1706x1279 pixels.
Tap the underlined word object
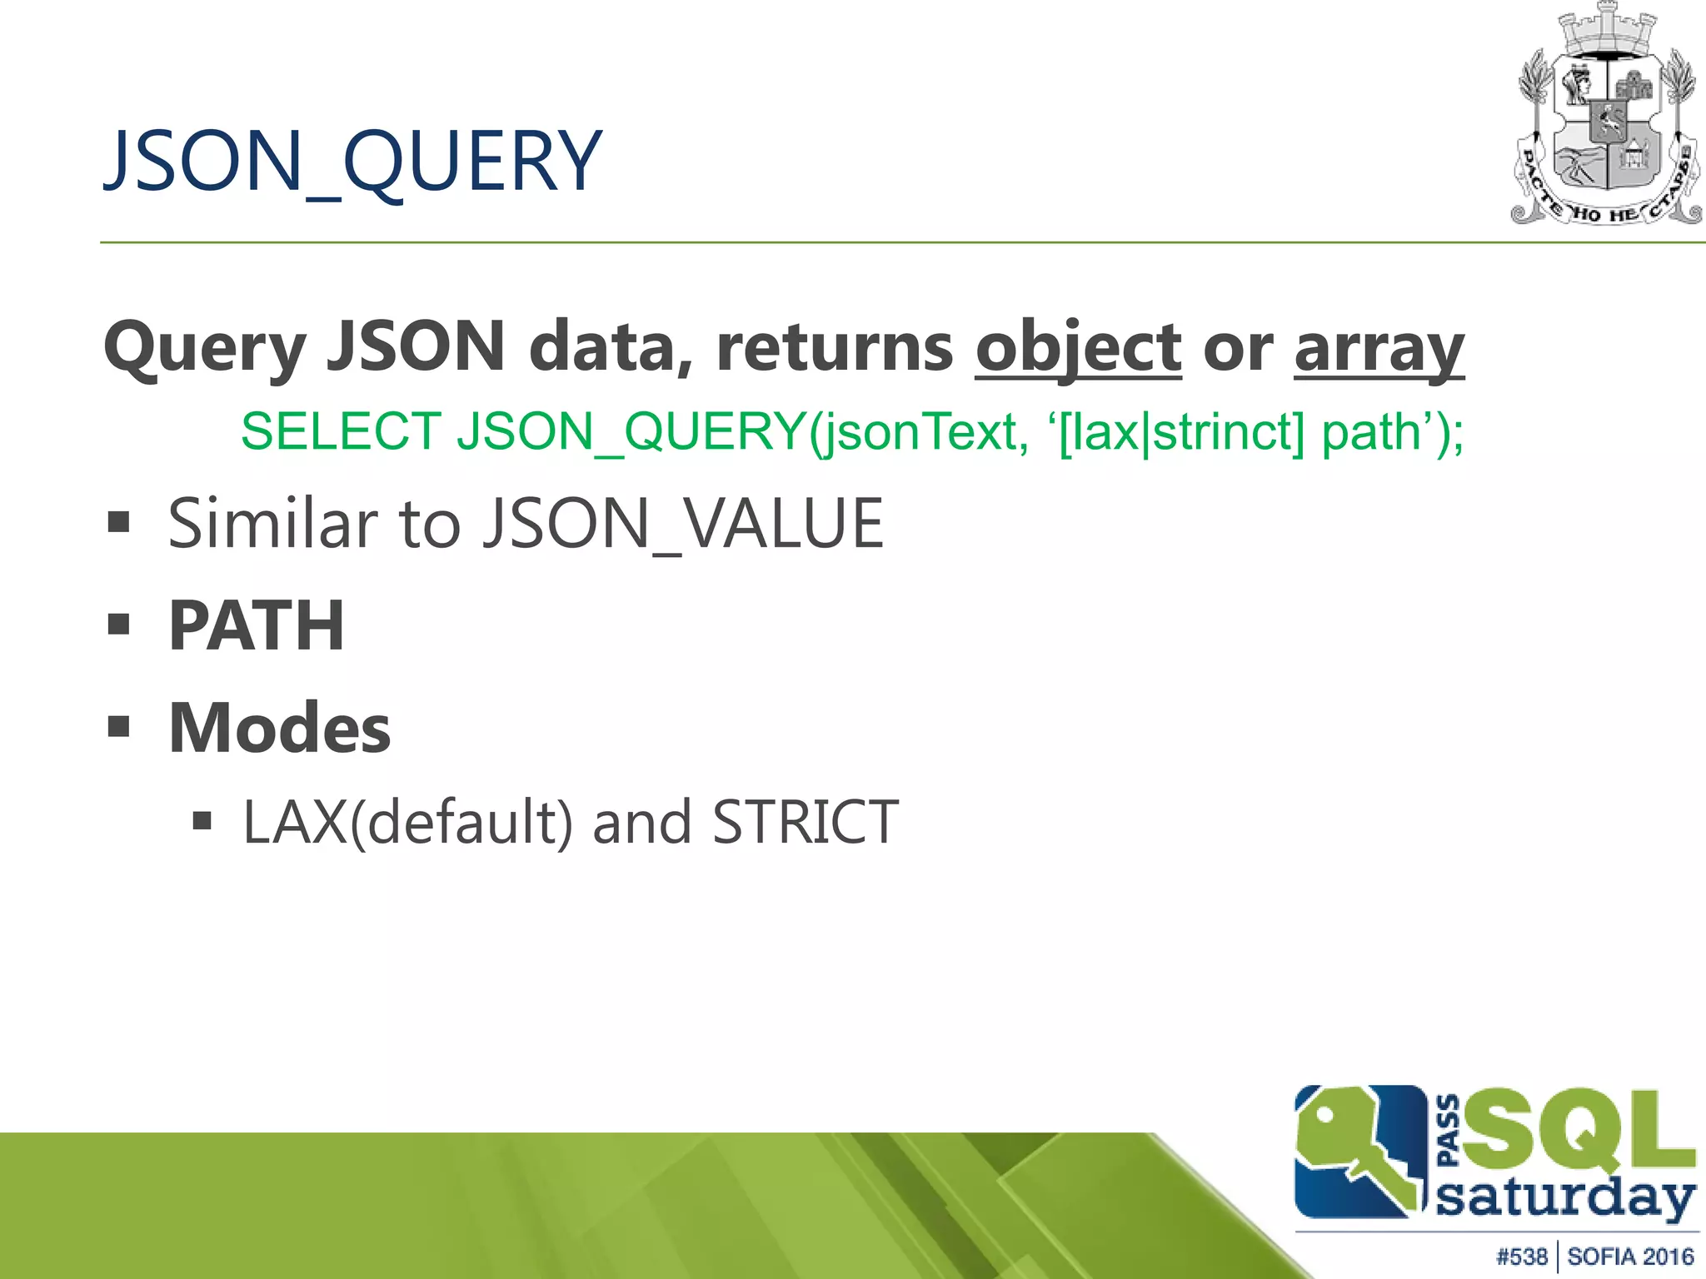pos(1078,348)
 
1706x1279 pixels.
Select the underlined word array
pos(1379,348)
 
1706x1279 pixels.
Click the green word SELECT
pos(341,432)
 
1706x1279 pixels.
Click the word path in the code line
pos(1371,432)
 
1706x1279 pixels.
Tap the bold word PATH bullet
pos(257,625)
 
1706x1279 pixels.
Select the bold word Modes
pos(280,728)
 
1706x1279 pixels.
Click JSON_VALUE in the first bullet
pos(683,524)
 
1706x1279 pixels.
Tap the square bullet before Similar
pos(119,523)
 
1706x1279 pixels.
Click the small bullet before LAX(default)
pos(202,822)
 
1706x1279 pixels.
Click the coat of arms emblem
pos(1606,117)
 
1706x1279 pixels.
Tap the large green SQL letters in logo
pos(1579,1131)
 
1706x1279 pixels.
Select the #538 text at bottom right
pos(1521,1257)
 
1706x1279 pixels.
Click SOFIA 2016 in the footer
pos(1630,1257)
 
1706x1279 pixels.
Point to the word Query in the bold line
pos(205,348)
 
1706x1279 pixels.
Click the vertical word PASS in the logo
pos(1449,1130)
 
